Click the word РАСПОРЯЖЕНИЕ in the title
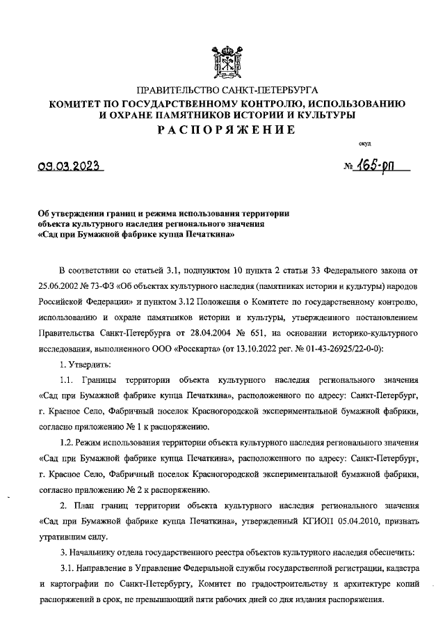click(225, 130)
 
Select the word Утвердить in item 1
click(86, 365)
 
